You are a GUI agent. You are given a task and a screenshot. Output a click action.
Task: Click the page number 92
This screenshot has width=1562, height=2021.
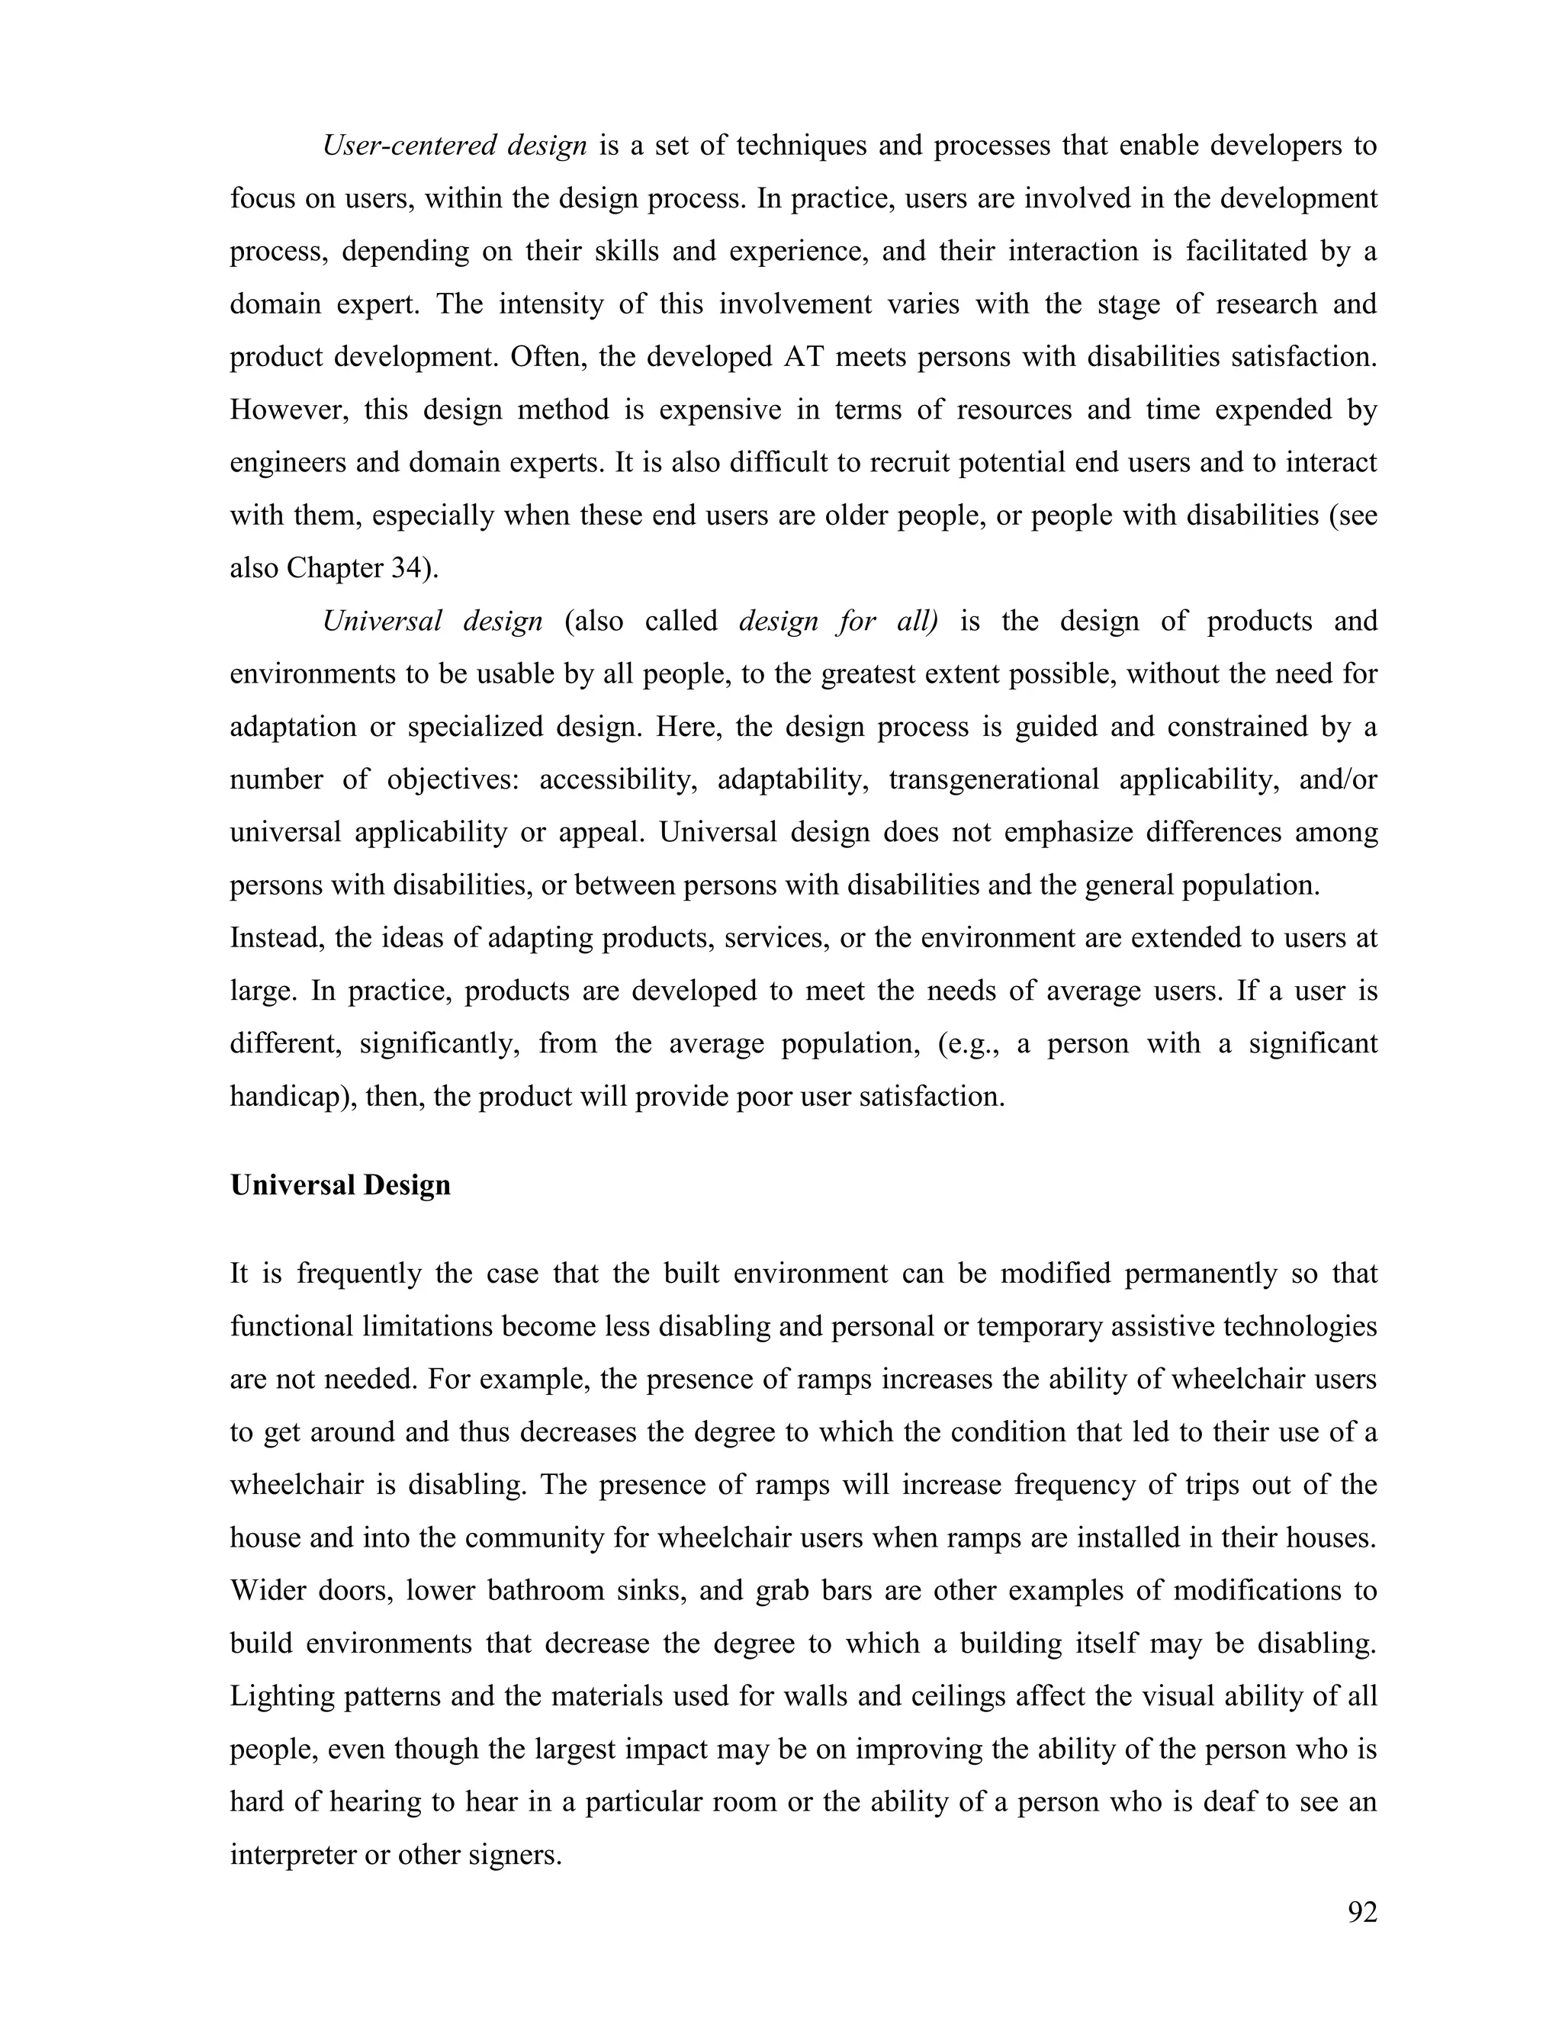click(1362, 1912)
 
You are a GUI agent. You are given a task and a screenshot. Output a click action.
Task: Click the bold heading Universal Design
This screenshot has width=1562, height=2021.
click(339, 1185)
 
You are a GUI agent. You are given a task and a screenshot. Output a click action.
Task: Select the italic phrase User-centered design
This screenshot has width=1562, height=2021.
click(454, 146)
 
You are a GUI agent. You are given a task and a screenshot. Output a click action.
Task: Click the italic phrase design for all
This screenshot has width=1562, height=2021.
click(837, 621)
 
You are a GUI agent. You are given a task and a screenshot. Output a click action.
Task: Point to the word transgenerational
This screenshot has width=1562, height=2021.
click(993, 779)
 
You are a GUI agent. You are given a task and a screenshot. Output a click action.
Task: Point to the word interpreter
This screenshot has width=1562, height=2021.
click(291, 1856)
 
